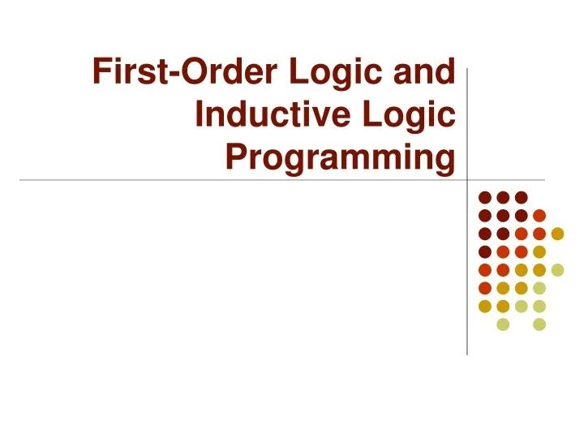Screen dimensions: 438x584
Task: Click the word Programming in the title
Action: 340,158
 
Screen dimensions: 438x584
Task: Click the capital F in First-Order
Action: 102,73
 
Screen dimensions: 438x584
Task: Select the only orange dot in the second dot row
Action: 539,215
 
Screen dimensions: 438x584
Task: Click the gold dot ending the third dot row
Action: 557,234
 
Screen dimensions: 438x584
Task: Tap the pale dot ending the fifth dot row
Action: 557,270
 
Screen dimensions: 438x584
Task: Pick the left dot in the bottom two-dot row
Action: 503,324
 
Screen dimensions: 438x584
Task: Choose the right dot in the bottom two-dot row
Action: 539,324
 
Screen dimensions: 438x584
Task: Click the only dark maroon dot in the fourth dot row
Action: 484,251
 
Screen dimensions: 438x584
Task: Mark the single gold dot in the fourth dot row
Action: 539,251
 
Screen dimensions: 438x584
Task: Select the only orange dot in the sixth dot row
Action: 484,288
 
